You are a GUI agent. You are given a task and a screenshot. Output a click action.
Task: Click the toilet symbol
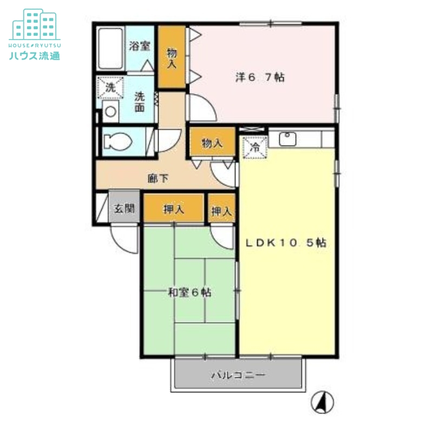tap(117, 142)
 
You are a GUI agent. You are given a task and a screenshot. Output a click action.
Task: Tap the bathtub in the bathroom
tap(110, 48)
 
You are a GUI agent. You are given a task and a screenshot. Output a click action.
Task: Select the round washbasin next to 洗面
tap(111, 111)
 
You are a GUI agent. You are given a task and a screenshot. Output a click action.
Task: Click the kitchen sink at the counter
tap(287, 139)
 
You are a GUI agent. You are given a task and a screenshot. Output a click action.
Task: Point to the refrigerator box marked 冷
tap(255, 147)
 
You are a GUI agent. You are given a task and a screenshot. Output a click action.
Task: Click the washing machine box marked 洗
tap(110, 88)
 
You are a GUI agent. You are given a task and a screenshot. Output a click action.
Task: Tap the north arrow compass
tap(322, 402)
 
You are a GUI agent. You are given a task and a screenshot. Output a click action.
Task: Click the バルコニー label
tap(238, 375)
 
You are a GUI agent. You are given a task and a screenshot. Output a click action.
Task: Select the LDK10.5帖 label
tap(286, 242)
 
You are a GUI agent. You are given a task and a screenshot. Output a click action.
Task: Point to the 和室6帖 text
tap(190, 292)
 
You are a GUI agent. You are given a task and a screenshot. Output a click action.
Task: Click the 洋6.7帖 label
tap(260, 77)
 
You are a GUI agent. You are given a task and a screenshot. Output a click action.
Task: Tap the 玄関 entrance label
tap(124, 208)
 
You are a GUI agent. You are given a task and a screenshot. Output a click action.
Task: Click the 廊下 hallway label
tap(158, 179)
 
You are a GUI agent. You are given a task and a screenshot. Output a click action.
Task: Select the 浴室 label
tap(140, 46)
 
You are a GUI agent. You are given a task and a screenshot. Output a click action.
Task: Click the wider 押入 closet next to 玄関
tap(174, 208)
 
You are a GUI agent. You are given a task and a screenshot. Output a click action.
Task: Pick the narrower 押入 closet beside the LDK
tap(221, 208)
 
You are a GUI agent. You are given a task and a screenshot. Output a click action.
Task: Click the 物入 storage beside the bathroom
tap(172, 57)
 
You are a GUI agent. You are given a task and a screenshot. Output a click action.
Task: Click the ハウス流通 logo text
tap(35, 56)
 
